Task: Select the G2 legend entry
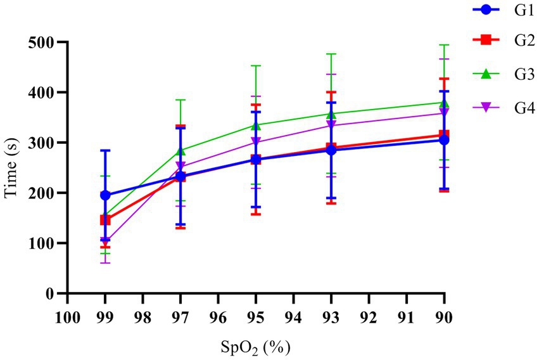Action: (x=500, y=41)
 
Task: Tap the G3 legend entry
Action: (x=500, y=74)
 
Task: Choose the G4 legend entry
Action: (x=500, y=107)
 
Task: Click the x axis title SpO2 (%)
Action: (x=255, y=348)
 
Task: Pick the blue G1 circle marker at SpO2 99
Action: (x=105, y=195)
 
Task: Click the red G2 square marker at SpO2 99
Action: (x=105, y=220)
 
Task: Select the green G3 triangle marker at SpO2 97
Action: (x=181, y=150)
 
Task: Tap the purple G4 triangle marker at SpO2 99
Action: (x=105, y=241)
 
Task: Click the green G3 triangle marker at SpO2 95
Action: (x=256, y=125)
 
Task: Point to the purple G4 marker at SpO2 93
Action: (x=331, y=125)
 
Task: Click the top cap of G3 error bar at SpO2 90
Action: (x=444, y=45)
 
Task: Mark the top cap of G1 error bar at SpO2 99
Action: (x=105, y=150)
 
